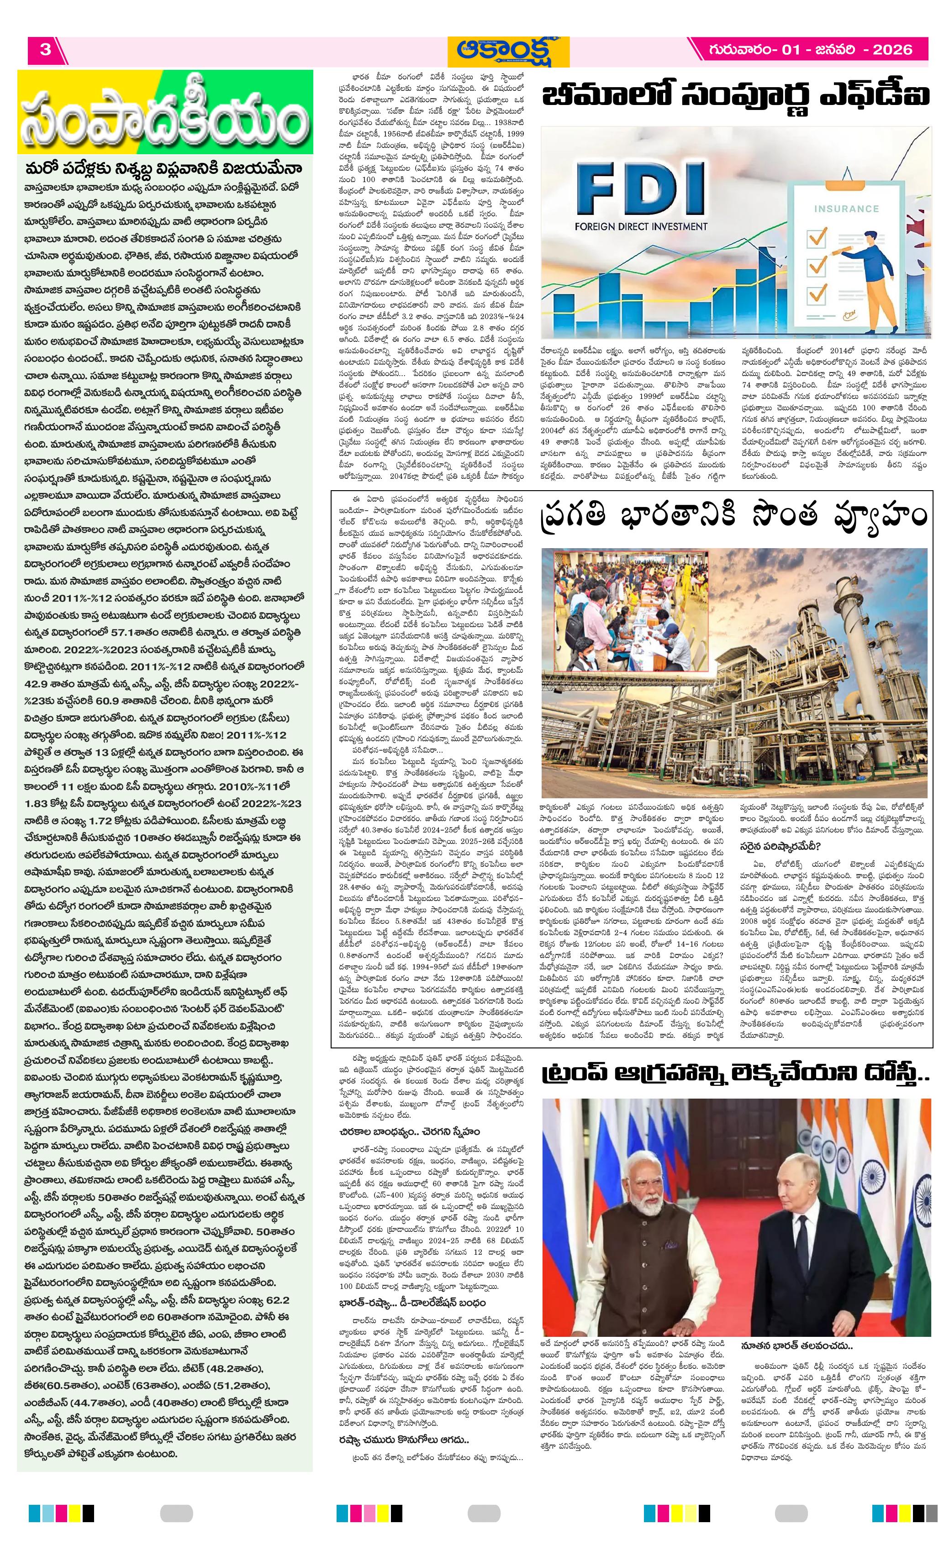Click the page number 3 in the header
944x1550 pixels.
45,50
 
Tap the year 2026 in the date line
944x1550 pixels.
892,50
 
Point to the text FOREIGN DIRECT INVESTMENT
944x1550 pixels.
641,226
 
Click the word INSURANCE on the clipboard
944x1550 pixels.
846,208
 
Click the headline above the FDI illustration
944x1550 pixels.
735,98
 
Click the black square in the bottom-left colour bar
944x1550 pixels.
88,1513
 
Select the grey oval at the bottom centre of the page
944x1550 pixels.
484,1513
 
